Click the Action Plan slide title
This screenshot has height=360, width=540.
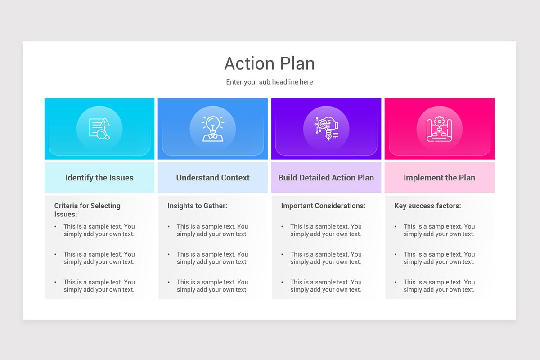coord(270,63)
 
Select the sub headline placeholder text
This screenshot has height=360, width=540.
coord(270,82)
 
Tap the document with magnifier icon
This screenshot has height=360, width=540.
coord(99,129)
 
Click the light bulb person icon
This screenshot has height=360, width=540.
coord(213,129)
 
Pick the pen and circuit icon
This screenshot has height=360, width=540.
coord(326,129)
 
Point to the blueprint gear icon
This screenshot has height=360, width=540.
coord(440,129)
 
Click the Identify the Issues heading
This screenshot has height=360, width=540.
coord(99,178)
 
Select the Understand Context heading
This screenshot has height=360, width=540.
coord(213,178)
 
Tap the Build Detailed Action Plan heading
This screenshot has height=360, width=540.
coord(326,178)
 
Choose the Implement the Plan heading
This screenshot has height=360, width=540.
coord(440,178)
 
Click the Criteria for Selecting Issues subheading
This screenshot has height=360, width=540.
coord(87,210)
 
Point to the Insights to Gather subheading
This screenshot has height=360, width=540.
coord(198,206)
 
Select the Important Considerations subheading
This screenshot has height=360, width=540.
coord(323,206)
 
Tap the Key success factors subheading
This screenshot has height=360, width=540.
coord(427,206)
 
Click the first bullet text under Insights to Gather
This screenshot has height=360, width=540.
coord(212,230)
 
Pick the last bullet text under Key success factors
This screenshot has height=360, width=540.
coord(439,286)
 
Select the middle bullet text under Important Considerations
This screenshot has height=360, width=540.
coord(326,258)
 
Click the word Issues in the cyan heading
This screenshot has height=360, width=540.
coord(121,178)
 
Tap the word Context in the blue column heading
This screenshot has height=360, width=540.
coord(234,178)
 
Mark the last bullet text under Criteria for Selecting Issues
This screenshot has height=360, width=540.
coord(99,286)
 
